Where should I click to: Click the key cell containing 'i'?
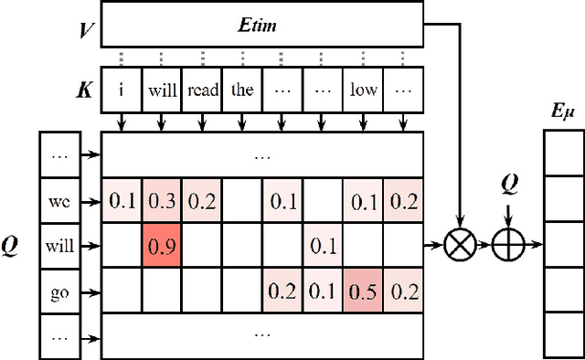tap(121, 90)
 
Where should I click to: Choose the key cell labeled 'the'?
tap(242, 90)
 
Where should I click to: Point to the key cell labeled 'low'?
tap(363, 90)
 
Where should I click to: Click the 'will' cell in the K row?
tap(161, 90)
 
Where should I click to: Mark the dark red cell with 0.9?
tap(161, 246)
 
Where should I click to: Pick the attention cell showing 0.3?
tap(161, 200)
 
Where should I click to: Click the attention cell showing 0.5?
tap(363, 291)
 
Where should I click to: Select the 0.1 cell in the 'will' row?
tap(323, 246)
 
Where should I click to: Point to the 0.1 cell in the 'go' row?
tap(323, 291)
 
